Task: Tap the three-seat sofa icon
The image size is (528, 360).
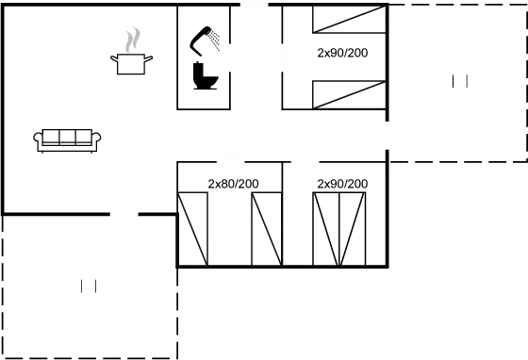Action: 68,139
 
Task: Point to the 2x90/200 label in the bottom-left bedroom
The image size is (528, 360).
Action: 232,184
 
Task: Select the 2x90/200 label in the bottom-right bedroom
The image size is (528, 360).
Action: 343,184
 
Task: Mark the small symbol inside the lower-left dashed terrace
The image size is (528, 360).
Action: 90,286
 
